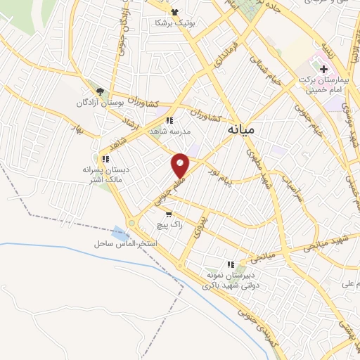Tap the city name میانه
(x=243, y=130)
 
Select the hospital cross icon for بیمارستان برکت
(x=324, y=70)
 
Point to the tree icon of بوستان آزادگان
(x=100, y=91)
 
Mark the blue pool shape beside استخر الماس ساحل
(x=117, y=231)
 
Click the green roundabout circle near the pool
(x=131, y=224)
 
